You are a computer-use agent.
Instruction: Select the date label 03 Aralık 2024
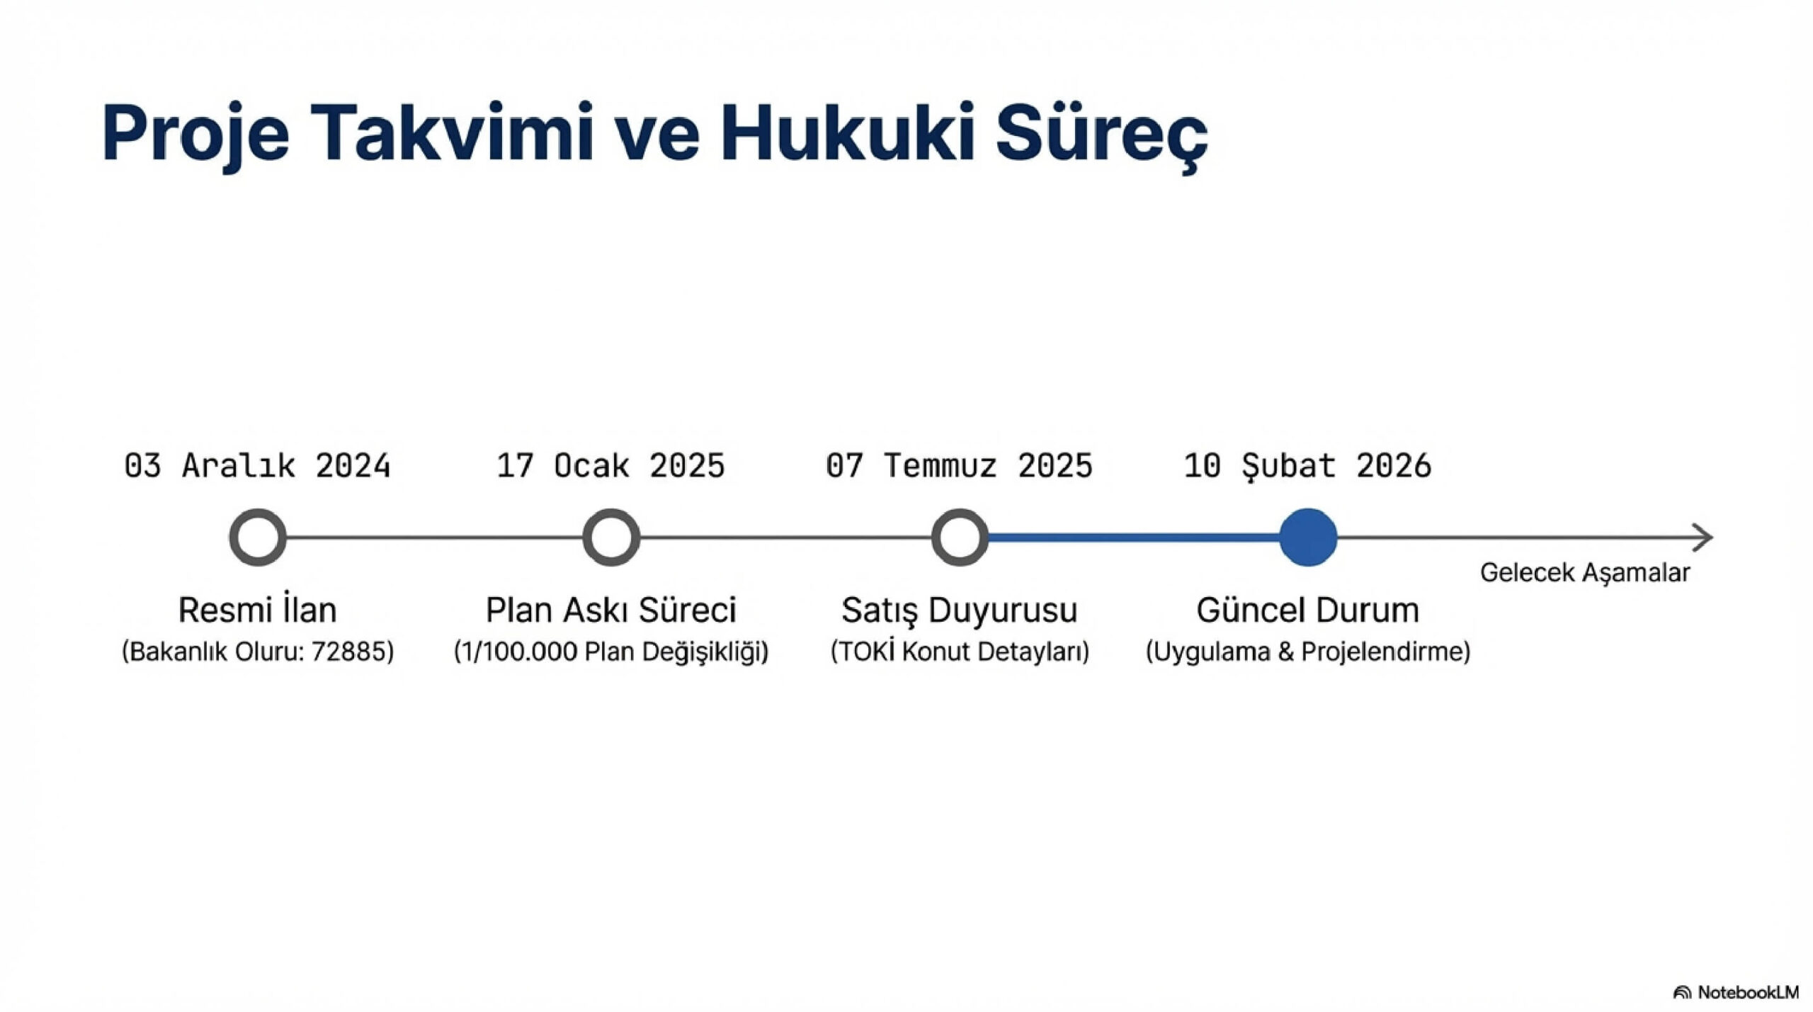[x=258, y=466]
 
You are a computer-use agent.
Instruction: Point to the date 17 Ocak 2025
[x=610, y=466]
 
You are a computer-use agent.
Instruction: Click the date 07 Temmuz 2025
[x=959, y=466]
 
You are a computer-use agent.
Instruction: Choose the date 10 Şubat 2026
[x=1307, y=466]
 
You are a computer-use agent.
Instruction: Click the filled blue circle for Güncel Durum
[x=1308, y=538]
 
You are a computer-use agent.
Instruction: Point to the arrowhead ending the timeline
[x=1711, y=538]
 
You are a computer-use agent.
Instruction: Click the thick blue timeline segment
[x=1134, y=538]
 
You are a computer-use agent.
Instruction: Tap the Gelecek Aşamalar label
[x=1585, y=573]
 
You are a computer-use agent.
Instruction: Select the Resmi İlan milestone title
[x=258, y=609]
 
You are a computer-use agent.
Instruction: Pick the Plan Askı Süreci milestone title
[x=611, y=610]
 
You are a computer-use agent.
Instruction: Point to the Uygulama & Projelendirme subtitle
[x=1308, y=652]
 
